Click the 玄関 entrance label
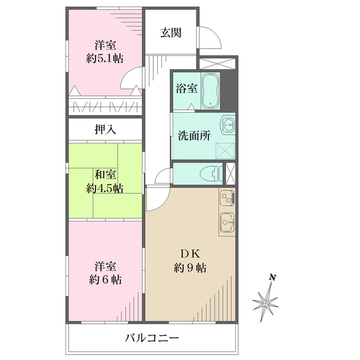tap(171, 33)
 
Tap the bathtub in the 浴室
tap(211, 91)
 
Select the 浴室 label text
tap(187, 88)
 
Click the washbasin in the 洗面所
tap(228, 125)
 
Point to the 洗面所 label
tap(194, 136)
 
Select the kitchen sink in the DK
tap(227, 222)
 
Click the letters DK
tap(190, 254)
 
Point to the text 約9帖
tap(190, 268)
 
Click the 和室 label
tap(106, 175)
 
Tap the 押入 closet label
tap(106, 130)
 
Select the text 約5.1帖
tap(105, 59)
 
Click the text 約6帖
tap(105, 280)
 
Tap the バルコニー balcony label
tap(152, 338)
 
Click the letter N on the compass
tap(272, 278)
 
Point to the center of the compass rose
tap(265, 304)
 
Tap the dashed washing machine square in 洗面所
tap(225, 151)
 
